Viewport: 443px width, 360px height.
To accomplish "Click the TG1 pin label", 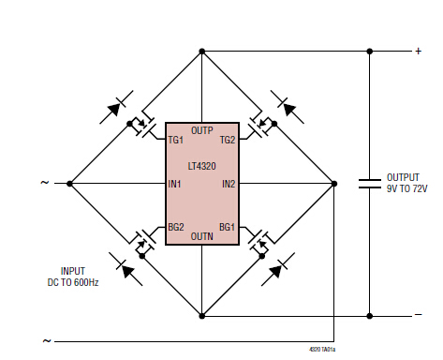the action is point(175,140).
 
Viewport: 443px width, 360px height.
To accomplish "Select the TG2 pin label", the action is point(228,140).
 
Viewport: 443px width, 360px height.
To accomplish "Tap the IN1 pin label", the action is point(174,184).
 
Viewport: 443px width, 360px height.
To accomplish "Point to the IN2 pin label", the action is point(229,184).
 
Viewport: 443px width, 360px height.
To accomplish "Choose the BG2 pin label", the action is point(176,227).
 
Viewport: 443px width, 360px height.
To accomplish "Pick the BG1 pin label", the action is point(227,227).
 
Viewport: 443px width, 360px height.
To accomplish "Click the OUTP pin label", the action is point(202,130).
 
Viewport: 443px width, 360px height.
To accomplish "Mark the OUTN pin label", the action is point(202,236).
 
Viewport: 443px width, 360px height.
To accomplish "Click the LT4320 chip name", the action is point(202,166).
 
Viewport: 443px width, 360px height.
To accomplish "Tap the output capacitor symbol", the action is point(370,184).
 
